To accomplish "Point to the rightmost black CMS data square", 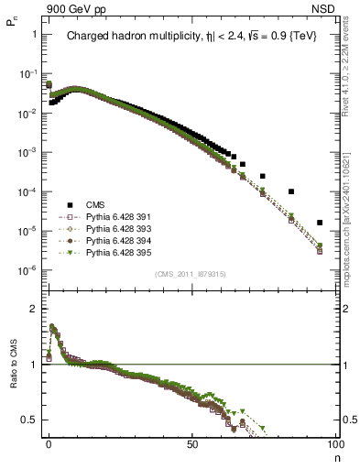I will (x=320, y=223).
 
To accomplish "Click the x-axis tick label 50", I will (x=191, y=442).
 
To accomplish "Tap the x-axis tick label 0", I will (x=49, y=442).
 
